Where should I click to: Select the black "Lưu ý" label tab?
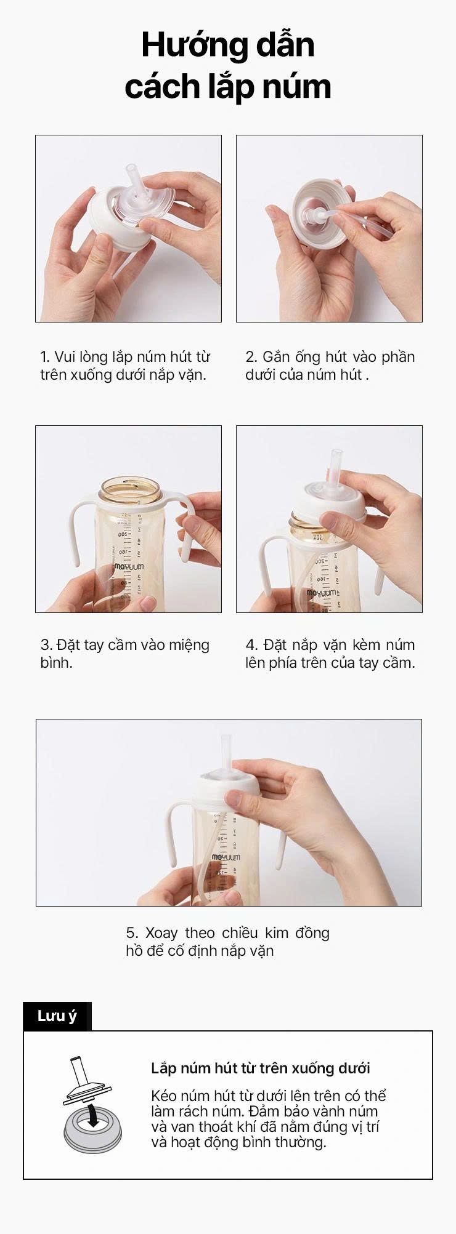point(57,1016)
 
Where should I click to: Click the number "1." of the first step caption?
point(45,356)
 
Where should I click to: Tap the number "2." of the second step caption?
point(251,356)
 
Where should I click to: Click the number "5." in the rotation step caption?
point(132,932)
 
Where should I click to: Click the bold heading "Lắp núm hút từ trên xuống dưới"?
point(261,1068)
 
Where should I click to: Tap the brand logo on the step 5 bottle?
point(226,857)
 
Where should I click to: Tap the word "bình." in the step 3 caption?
point(57,662)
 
